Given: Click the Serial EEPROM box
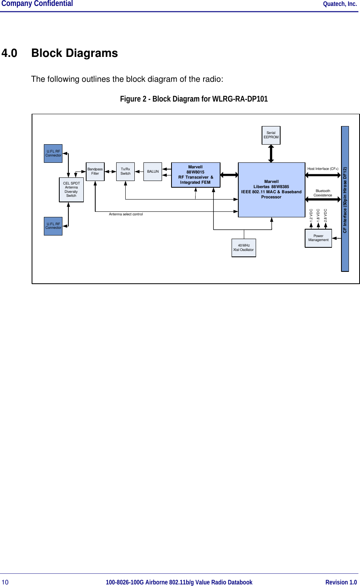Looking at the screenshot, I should pos(271,135).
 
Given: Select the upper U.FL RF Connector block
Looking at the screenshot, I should pos(53,153).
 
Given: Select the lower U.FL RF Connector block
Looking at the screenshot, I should pos(53,226).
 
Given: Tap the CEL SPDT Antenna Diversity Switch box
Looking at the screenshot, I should pos(71,190).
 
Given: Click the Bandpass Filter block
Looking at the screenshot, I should pos(95,171).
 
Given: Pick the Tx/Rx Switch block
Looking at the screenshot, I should pos(125,171).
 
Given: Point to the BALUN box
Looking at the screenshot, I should pos(153,171).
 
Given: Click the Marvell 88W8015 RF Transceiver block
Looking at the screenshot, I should pos(196,175).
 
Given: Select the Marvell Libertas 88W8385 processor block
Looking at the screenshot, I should pos(271,190).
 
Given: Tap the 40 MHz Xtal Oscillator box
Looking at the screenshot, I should pos(243,248).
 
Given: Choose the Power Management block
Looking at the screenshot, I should pos(318,238).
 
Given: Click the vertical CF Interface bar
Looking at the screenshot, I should pos(345,199).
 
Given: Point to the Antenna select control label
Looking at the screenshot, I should pos(126,214).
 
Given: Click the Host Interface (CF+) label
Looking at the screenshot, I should pos(323,169).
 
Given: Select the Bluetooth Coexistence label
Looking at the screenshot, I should pos(323,193).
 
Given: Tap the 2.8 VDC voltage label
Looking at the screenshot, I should pos(326,215).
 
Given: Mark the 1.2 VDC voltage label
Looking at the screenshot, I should pos(311,215).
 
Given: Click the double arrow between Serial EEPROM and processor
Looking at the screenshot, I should pos(271,153).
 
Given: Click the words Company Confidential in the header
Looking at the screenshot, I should pos(37,4).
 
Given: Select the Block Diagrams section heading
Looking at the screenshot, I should pos(74,53).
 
